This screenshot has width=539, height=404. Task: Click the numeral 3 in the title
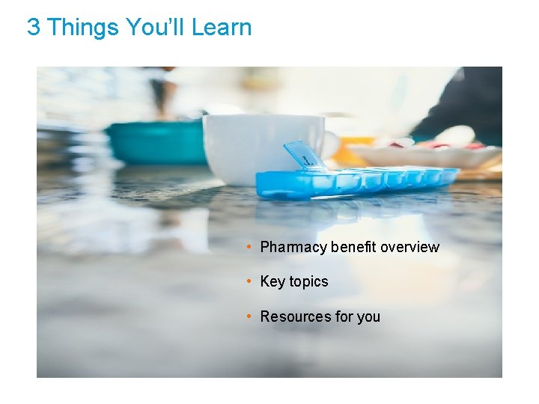(33, 28)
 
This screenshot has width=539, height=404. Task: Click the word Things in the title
(82, 28)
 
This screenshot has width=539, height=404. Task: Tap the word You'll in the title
(156, 28)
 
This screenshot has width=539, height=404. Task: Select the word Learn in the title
(222, 28)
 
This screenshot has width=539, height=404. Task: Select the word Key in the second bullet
(272, 282)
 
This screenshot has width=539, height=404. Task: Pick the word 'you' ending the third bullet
(368, 317)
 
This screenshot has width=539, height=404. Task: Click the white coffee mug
(255, 146)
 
